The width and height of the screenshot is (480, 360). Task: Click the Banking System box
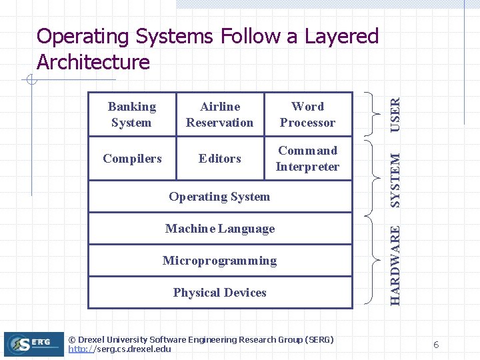[x=132, y=115]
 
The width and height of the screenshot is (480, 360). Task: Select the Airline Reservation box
[x=220, y=115]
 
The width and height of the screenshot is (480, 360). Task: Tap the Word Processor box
[x=307, y=115]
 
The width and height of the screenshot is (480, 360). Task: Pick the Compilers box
[x=132, y=159]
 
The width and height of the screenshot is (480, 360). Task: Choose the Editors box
[x=220, y=159]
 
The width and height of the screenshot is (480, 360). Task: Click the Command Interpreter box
[x=307, y=159]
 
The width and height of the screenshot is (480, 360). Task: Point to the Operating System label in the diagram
[x=219, y=197]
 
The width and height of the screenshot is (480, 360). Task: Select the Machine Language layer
[x=220, y=229]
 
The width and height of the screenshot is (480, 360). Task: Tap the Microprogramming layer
[x=220, y=261]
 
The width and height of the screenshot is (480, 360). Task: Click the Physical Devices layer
[x=220, y=293]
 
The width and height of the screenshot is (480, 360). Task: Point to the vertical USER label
[x=395, y=114]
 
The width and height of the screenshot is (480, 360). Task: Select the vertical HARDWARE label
[x=395, y=265]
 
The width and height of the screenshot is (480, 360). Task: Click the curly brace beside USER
[x=371, y=115]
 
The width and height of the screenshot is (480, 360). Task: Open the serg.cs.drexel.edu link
[x=120, y=349]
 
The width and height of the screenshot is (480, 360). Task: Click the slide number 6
[x=436, y=345]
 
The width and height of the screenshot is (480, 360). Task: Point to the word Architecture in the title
[x=93, y=62]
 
